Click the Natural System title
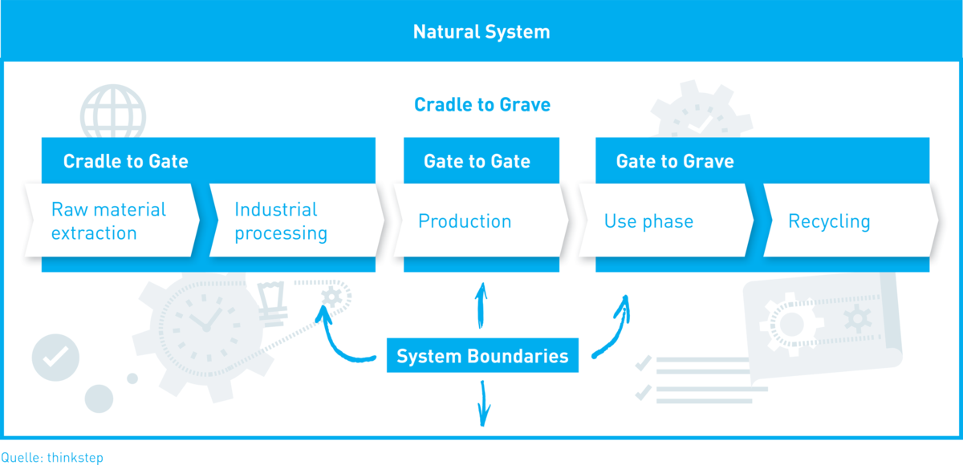point(481,32)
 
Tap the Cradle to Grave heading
point(482,105)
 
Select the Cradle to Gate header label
point(125,161)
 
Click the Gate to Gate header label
point(477,161)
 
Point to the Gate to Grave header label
point(675,161)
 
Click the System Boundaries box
point(482,355)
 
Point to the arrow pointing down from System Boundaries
point(484,403)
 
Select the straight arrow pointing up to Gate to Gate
point(481,305)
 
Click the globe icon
point(113,112)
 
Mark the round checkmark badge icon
point(55,358)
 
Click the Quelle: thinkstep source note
point(52,457)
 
